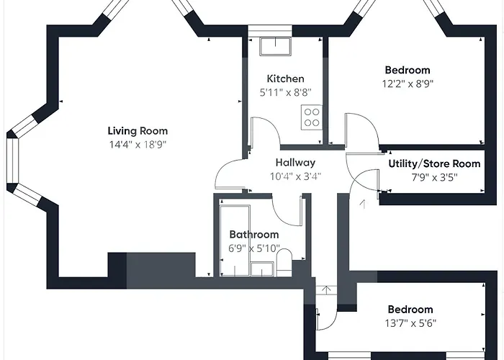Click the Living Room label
click(x=138, y=131)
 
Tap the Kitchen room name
click(x=285, y=78)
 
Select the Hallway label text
click(x=295, y=163)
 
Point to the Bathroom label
click(x=254, y=234)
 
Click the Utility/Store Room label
click(x=434, y=163)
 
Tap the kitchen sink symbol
click(x=276, y=46)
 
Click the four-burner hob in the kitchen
click(x=312, y=117)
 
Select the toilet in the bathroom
click(x=284, y=262)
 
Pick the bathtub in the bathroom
click(x=235, y=240)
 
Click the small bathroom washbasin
click(x=262, y=269)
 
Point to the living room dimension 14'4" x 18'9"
click(x=138, y=145)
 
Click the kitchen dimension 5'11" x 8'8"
click(x=285, y=93)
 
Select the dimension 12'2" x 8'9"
click(x=408, y=84)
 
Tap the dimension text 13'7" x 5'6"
click(x=410, y=323)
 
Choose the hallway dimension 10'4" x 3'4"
click(x=295, y=176)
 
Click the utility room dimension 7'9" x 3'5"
click(x=434, y=177)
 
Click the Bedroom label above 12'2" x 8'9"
click(x=408, y=70)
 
